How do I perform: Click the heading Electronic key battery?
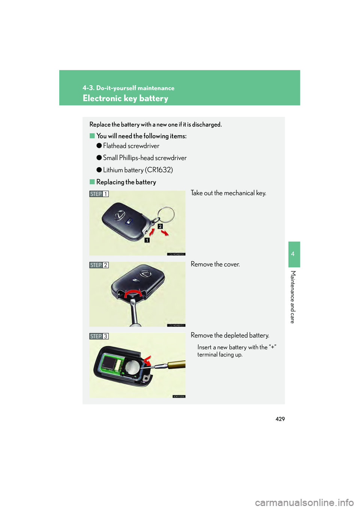coord(125,99)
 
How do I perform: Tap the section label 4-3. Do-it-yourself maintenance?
coord(128,88)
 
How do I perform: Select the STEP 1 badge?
coord(99,194)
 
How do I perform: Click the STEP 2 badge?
coord(99,265)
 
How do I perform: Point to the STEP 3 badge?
coord(99,336)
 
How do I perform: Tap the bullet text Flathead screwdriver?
coord(131,146)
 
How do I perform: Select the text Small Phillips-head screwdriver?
coord(145,158)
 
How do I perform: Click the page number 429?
coord(280,419)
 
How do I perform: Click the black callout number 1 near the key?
coord(147,240)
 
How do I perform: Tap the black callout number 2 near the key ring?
coord(160,226)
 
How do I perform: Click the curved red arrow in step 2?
coord(133,292)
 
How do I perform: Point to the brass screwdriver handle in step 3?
coord(176,364)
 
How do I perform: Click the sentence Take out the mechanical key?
coord(228,193)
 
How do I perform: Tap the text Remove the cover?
coord(215,264)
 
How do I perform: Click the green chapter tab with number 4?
coord(294,254)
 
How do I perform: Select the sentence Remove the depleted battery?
coord(230,335)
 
